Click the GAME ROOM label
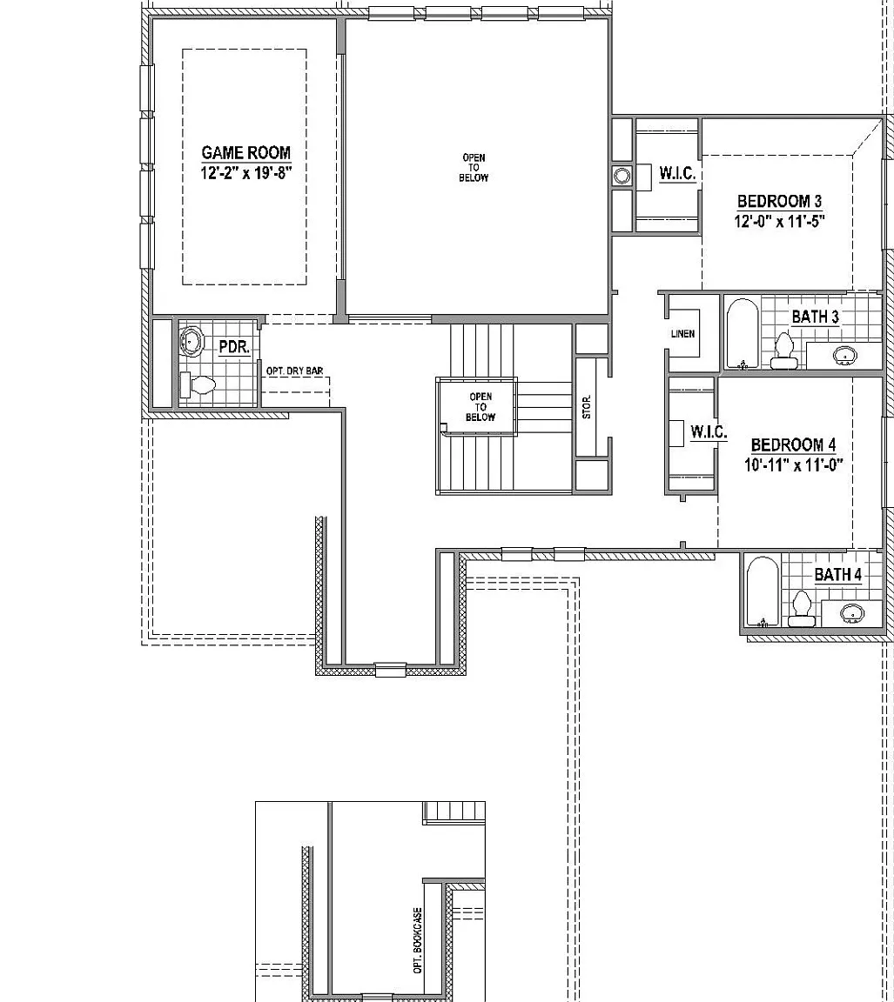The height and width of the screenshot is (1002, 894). pos(245,153)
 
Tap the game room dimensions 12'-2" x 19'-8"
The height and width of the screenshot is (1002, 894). pos(245,172)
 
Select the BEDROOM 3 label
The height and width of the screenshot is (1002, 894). pos(779,201)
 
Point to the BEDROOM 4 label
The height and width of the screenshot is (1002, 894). pos(793,444)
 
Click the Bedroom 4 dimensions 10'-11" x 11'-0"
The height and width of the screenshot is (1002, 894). pos(794,464)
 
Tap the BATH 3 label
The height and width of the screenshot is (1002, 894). pos(816,317)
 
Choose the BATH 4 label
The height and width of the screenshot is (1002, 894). pos(837,574)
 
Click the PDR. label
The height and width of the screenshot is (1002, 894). pos(234,348)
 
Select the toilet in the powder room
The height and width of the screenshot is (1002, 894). pos(198,385)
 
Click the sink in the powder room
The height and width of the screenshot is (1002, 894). pos(191,341)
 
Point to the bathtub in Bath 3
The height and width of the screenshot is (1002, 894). pos(743,334)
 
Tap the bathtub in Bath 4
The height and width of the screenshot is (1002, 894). pos(763,591)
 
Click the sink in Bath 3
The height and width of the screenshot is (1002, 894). pos(844,355)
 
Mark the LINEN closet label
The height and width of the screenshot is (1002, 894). pos(683,334)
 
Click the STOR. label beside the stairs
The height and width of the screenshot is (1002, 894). pos(587,407)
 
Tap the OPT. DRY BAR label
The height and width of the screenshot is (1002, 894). pos(295,371)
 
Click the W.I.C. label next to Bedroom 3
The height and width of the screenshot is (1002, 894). pos(677,173)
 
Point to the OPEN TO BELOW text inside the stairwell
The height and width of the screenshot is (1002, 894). pos(481,407)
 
